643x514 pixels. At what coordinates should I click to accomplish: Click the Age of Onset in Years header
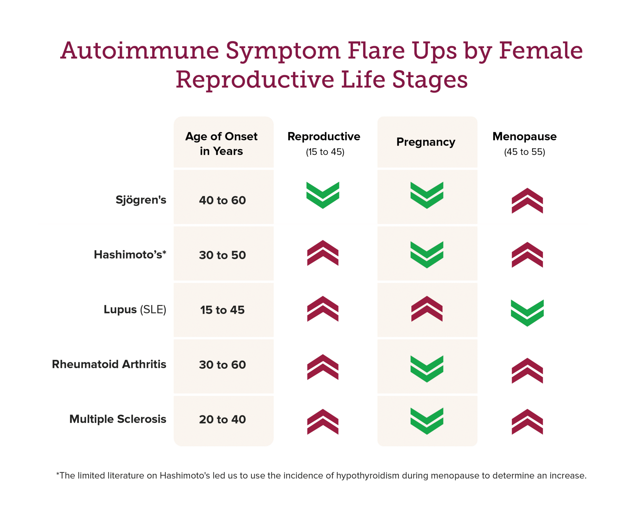click(x=221, y=144)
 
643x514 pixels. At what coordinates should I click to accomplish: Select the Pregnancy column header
click(x=426, y=142)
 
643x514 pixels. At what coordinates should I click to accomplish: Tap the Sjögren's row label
click(x=141, y=200)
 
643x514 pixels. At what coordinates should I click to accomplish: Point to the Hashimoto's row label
click(x=130, y=255)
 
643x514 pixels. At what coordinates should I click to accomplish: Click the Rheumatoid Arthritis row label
click(x=109, y=364)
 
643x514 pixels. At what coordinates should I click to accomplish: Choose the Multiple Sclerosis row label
click(x=118, y=419)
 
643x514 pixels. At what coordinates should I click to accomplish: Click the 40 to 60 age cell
click(x=222, y=200)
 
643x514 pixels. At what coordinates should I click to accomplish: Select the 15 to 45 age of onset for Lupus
click(x=222, y=310)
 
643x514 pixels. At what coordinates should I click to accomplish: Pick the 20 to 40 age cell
click(x=222, y=419)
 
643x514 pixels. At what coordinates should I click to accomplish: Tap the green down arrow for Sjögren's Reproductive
click(x=323, y=195)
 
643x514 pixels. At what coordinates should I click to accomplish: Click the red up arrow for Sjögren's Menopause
click(x=527, y=201)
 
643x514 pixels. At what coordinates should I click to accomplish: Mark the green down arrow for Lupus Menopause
click(x=527, y=313)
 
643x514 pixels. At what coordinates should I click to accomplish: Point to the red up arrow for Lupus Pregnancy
click(x=427, y=309)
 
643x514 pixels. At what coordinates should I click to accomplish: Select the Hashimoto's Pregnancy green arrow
click(x=427, y=255)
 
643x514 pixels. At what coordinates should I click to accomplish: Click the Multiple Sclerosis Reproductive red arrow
click(x=323, y=422)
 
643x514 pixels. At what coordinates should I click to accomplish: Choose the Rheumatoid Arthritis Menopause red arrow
click(x=527, y=371)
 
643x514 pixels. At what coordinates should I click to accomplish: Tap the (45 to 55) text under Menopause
click(x=525, y=152)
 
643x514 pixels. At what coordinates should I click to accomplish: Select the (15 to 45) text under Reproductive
click(x=325, y=152)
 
